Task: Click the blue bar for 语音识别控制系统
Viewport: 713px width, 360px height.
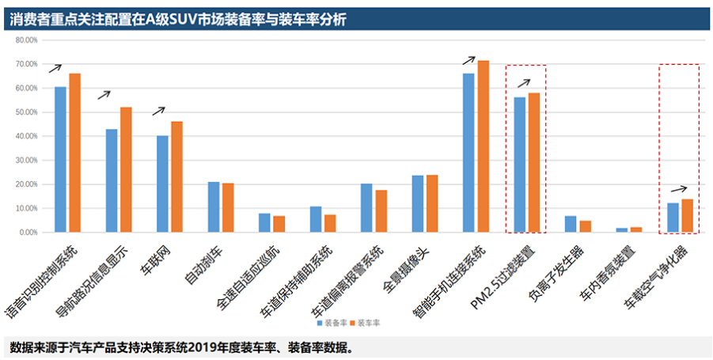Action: [60, 159]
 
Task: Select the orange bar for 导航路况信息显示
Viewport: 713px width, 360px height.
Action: [126, 169]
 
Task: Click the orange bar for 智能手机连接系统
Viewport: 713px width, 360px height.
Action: [484, 146]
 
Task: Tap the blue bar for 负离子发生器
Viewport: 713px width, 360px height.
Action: [571, 224]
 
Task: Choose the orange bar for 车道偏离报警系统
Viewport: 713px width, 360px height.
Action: [381, 211]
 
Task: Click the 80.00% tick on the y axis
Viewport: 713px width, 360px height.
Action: [27, 40]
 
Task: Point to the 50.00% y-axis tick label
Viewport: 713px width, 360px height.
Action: [27, 112]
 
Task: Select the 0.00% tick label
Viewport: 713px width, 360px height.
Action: [28, 233]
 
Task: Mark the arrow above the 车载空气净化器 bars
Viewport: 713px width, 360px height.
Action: [679, 189]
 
